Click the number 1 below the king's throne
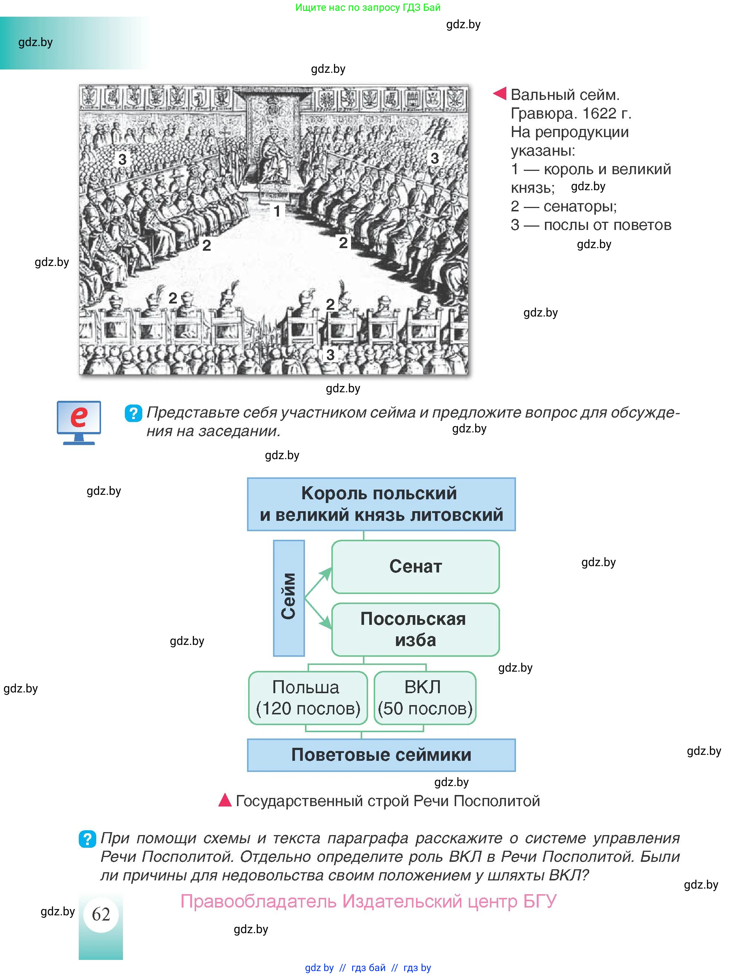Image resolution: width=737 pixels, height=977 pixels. pos(277,211)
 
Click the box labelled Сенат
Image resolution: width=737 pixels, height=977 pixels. pos(415,567)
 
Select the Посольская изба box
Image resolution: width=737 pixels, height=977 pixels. pos(415,629)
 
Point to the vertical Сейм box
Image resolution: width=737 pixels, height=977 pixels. pos(289,598)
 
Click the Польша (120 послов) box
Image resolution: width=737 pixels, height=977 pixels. pos(308,698)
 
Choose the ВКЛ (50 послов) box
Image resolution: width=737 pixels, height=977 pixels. pos(425,698)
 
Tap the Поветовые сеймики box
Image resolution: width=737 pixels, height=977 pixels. pos(381,755)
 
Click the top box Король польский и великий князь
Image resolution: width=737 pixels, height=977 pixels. pos(381,504)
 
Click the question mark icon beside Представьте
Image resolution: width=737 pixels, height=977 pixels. pos(133,413)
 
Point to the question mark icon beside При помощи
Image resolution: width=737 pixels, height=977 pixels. pos(87,839)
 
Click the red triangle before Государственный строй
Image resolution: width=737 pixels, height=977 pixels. pos(225,800)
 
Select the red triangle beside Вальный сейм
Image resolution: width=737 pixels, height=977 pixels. pos(500,93)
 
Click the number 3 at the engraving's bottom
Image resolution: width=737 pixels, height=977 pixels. pos(330,354)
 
